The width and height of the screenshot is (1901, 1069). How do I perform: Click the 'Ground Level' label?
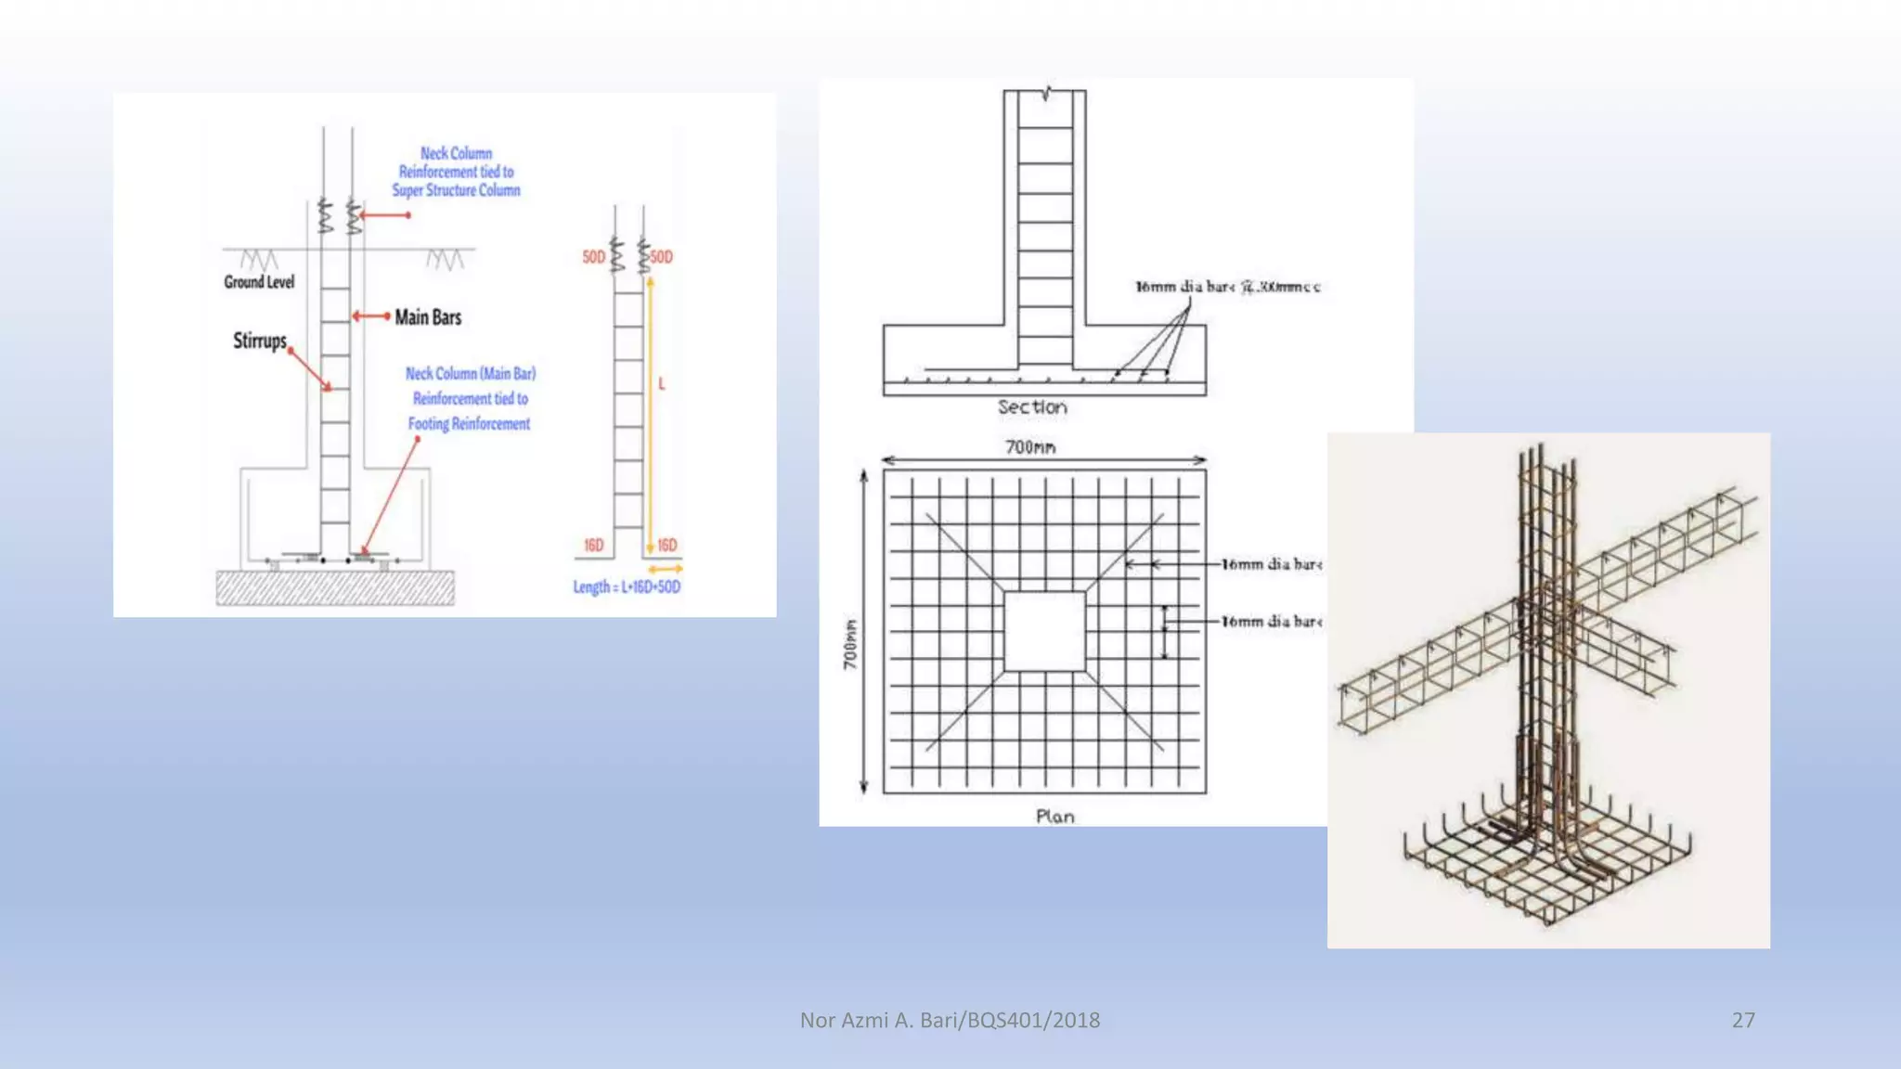click(259, 282)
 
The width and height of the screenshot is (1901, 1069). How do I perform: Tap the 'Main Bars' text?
click(428, 317)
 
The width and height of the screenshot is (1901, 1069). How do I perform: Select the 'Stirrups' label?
click(260, 341)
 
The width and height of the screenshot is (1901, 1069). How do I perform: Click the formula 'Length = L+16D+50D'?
click(627, 587)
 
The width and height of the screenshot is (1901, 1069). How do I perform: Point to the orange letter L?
click(662, 383)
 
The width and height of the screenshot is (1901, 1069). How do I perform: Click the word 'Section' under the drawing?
click(1032, 407)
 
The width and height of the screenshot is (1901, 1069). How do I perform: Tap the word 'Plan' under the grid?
click(1055, 817)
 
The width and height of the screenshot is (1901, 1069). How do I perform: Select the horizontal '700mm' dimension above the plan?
click(1030, 447)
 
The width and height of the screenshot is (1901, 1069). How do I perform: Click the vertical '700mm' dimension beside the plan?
click(850, 644)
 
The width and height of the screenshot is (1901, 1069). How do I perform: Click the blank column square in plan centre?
click(1044, 631)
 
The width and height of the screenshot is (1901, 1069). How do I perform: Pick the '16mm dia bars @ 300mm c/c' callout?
click(1227, 287)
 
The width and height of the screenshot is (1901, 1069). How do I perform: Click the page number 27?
click(1743, 1020)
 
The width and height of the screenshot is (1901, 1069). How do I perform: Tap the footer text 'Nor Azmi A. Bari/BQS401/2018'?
click(950, 1020)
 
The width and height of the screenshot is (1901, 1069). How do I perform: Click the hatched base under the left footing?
click(335, 588)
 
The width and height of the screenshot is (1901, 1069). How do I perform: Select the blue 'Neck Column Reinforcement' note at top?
click(456, 172)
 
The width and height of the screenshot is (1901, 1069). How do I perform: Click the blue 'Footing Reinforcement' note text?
click(470, 399)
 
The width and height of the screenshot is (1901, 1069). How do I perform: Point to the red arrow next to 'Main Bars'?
click(371, 316)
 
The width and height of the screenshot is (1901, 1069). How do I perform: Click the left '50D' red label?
click(593, 257)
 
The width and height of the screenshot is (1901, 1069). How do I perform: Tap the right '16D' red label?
click(667, 545)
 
